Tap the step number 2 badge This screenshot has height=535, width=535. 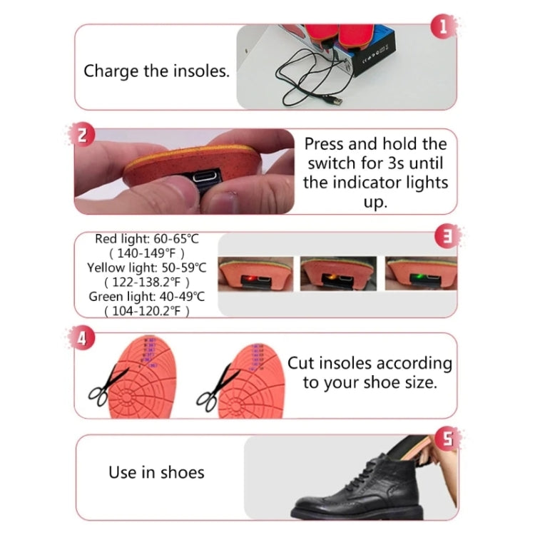(x=83, y=136)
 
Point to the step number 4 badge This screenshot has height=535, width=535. (x=83, y=339)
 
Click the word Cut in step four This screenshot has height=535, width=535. (x=301, y=363)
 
